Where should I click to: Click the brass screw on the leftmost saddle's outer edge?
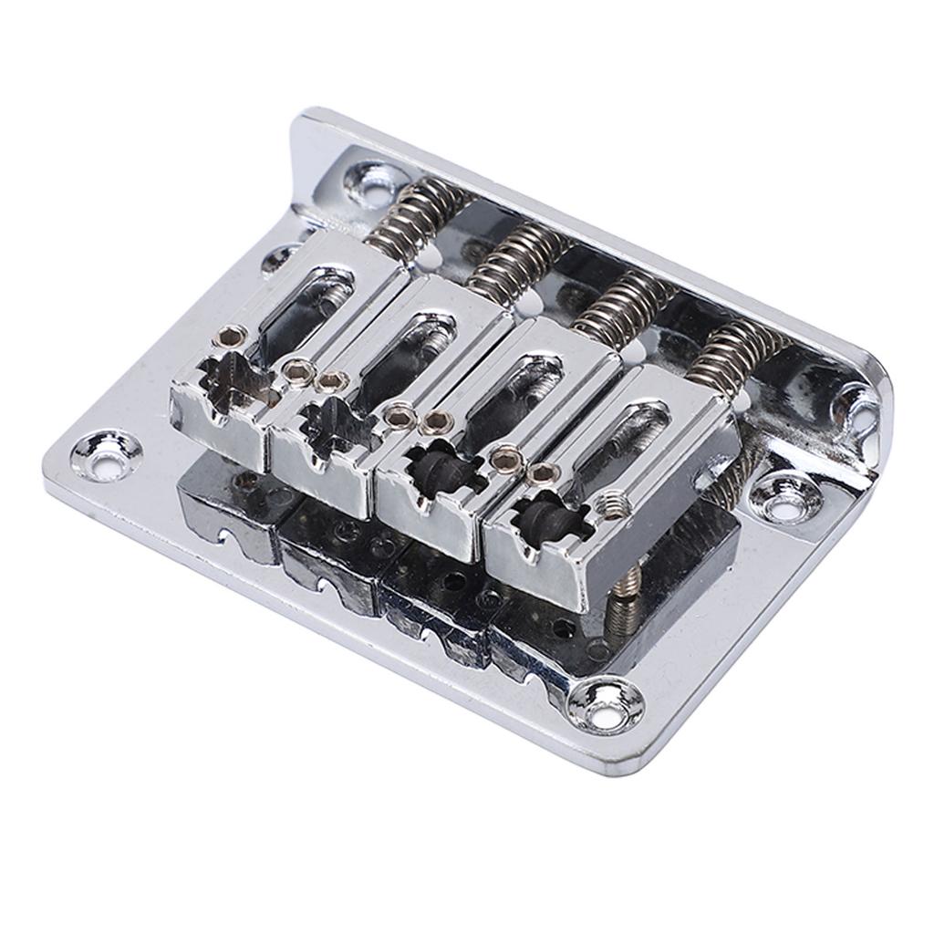pos(234,334)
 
